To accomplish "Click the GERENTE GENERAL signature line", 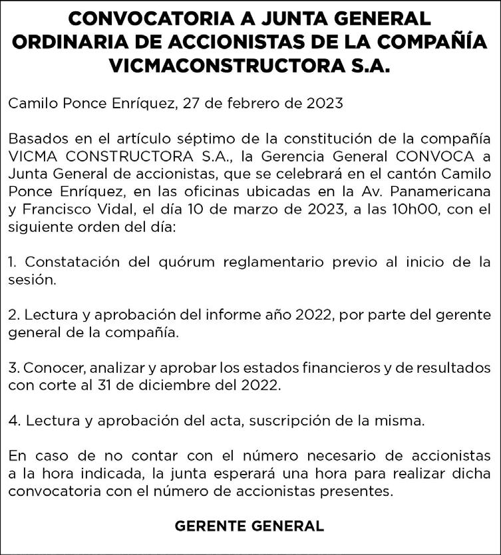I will point(250,526).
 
